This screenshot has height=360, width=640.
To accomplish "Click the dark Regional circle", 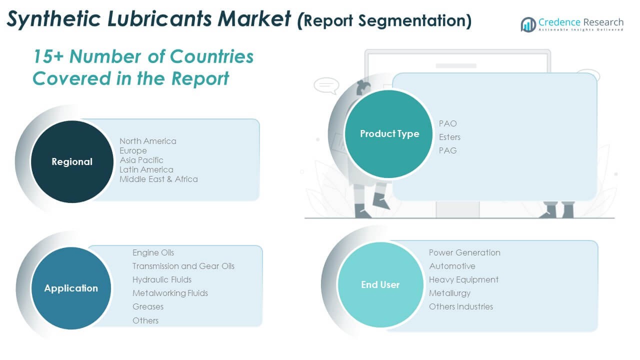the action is point(72,161).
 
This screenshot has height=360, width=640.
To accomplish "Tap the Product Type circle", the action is point(389,133).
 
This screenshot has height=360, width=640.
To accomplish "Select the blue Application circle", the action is point(71,288).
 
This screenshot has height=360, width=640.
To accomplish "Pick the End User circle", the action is point(380,284).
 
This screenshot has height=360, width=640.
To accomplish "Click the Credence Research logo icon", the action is point(528,24).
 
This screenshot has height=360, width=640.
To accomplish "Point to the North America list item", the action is point(148,141).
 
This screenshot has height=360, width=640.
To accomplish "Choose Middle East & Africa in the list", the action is point(158,179).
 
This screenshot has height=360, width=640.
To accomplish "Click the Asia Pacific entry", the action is point(141,160).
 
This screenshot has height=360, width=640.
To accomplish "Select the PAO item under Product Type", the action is point(447,123).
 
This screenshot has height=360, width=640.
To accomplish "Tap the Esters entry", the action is point(449,137).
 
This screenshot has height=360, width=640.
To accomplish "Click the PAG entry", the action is point(447,150).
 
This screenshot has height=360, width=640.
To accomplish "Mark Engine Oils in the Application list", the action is point(153,253).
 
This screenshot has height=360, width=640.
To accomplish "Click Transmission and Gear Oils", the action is point(183,266).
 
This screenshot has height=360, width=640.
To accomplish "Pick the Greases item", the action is point(148,307).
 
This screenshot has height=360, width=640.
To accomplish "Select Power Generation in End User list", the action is point(464,253).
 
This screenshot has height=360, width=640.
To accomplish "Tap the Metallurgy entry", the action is point(449,293).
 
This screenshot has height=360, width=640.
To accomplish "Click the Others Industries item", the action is point(461,307).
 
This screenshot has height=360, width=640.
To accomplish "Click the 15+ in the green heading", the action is point(48,56).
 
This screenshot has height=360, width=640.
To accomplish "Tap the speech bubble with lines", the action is point(326,85).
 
